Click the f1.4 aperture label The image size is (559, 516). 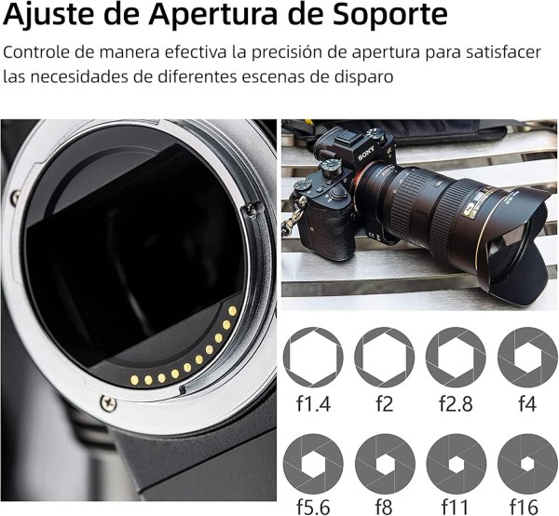click(307, 406)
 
